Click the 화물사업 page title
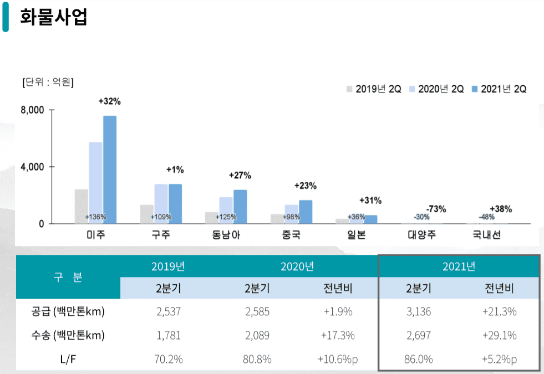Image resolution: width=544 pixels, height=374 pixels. coord(53,17)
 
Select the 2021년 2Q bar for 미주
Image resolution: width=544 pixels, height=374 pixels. coord(110,170)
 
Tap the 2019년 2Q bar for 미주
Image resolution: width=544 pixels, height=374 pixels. coord(82,206)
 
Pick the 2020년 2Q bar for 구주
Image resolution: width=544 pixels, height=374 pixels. coord(161,203)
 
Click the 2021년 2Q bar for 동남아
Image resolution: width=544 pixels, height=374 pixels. coord(240,206)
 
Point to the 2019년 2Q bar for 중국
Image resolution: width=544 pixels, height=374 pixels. coord(277,218)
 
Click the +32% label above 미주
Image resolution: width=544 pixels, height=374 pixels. coord(109,101)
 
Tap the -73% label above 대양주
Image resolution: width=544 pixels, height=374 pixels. coord(436,209)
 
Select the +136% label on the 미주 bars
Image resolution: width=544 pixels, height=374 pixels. coord(95,217)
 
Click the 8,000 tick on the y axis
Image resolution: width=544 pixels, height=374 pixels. coord(32,110)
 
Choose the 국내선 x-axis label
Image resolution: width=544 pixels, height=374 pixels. coord(486,235)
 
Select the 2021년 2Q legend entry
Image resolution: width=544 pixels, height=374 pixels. coord(499,89)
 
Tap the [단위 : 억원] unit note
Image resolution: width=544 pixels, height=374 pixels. coord(48,82)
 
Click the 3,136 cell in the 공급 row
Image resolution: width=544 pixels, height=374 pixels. coord(418,311)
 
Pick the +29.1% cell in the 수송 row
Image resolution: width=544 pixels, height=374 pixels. coord(499,335)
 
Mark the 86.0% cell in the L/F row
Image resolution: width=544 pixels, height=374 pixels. coord(419,359)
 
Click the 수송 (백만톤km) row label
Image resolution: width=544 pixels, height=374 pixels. coord(68,335)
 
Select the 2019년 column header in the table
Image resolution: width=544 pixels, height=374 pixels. coord(167,267)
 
